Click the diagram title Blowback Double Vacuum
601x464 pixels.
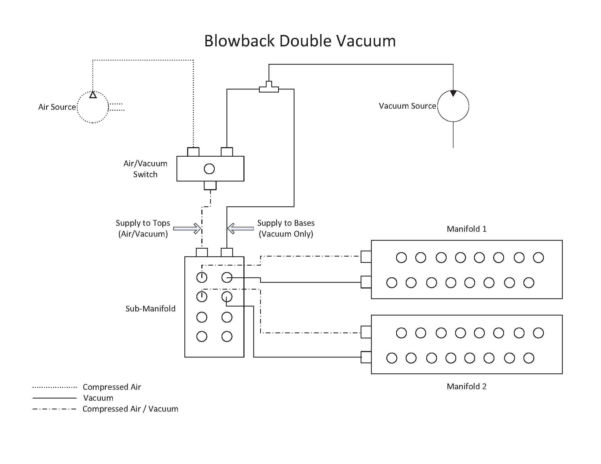coord(300,41)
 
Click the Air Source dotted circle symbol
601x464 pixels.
coord(93,107)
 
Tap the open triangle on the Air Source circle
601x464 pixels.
coord(93,95)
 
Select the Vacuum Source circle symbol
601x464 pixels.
coord(453,106)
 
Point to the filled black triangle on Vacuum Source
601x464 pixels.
coord(453,93)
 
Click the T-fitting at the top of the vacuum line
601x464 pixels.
coord(269,87)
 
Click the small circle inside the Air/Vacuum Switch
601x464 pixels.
coord(209,169)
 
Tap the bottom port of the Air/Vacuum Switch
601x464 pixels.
coord(210,186)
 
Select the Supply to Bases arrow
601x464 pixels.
coord(240,228)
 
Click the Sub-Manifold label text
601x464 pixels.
coord(150,309)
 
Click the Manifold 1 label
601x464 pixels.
coord(466,229)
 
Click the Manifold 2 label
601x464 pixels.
coord(466,386)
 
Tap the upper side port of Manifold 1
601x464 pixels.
coord(366,257)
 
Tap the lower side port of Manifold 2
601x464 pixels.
coord(366,357)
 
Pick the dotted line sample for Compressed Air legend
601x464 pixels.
coord(54,387)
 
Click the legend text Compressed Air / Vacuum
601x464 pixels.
coord(130,409)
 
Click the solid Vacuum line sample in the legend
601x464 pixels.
coord(54,398)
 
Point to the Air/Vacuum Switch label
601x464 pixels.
coord(145,169)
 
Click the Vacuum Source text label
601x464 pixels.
coord(407,106)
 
